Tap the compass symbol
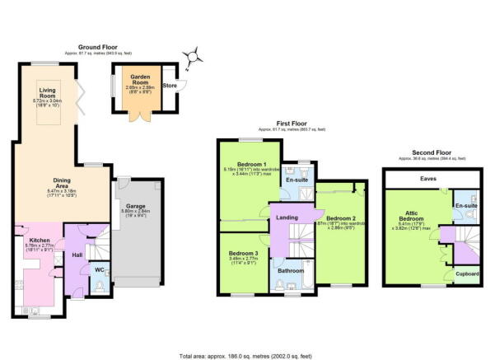(x=194, y=56)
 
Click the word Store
(x=169, y=84)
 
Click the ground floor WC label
(x=98, y=269)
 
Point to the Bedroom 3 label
(x=244, y=253)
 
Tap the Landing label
(x=287, y=217)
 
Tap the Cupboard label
(x=455, y=273)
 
